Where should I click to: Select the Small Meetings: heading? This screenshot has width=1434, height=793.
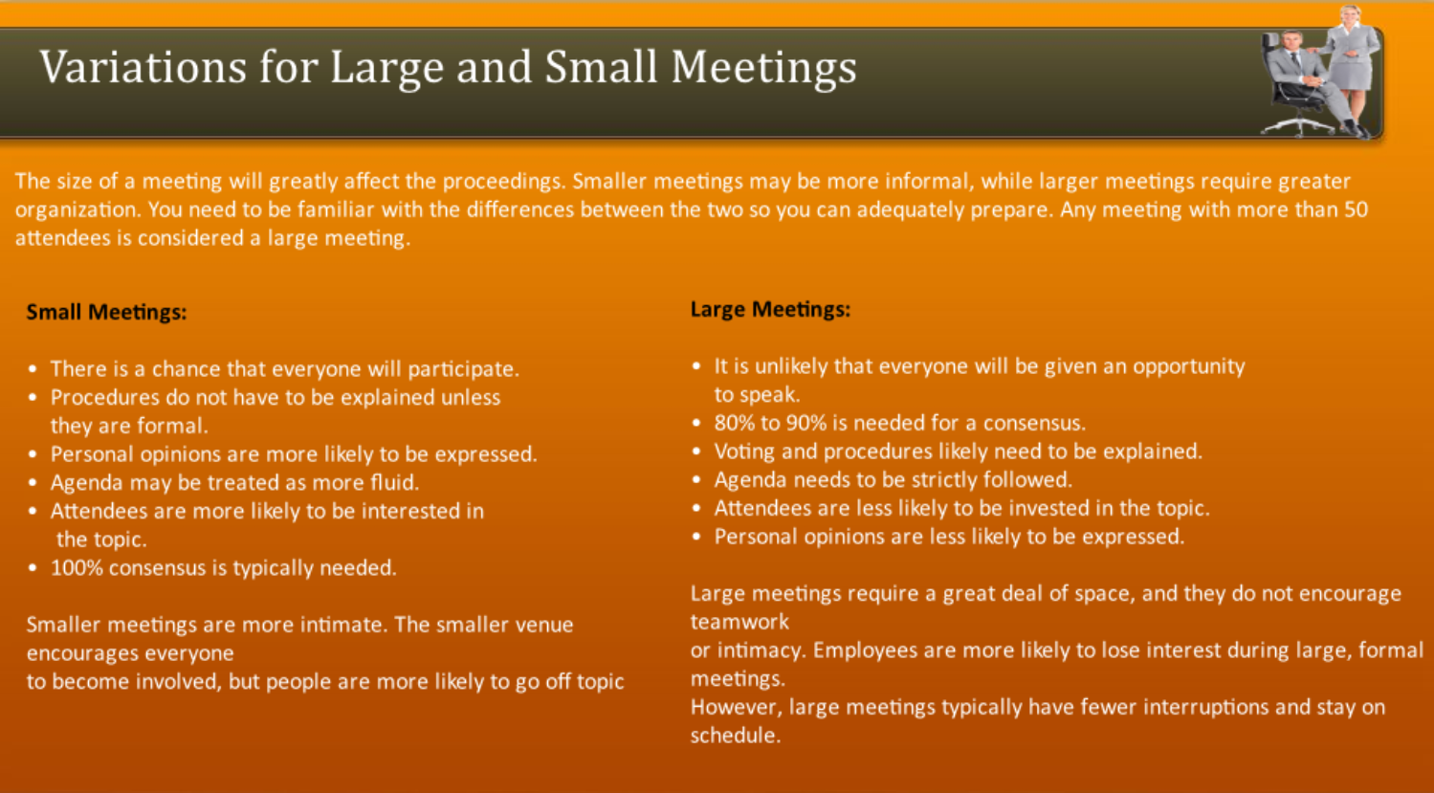tap(106, 313)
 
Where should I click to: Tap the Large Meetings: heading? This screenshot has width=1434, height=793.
tap(770, 310)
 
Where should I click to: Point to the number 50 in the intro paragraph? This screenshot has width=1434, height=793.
tap(1356, 209)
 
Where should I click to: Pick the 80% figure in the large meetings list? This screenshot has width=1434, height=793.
tap(734, 423)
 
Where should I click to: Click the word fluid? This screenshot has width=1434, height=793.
tap(393, 482)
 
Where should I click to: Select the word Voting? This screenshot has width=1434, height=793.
tap(743, 452)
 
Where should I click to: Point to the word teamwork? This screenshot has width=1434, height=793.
tap(739, 622)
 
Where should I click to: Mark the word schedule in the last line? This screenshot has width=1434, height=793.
tap(734, 736)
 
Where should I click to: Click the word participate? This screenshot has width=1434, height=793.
tap(462, 369)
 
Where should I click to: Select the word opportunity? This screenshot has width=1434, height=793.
tap(1188, 366)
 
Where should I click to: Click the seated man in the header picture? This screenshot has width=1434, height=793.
tap(1295, 77)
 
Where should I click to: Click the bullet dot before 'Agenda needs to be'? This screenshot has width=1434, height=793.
tap(696, 479)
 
